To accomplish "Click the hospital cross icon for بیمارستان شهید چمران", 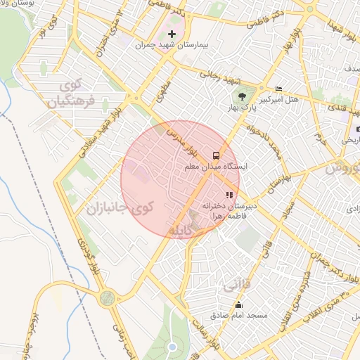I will point(172,34).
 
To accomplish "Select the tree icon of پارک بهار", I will point(243,96).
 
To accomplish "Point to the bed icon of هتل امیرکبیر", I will point(279,89).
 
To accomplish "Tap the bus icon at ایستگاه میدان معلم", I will point(215,155).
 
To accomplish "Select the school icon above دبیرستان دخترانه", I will point(229,195).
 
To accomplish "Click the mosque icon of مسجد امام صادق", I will point(239,304).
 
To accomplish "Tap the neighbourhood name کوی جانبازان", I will point(119,208).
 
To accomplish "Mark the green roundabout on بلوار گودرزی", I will point(106,298).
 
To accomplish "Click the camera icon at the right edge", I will point(357,129).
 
